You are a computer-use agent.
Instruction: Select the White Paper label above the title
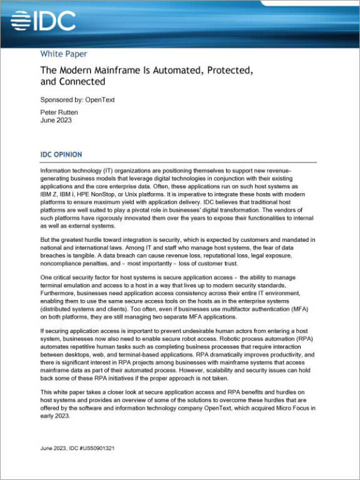click(64, 53)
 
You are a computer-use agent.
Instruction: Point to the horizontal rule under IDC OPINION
click(177, 161)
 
